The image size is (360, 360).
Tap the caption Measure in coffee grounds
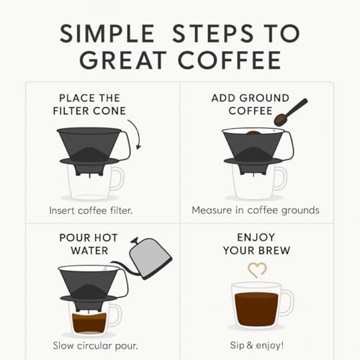click(x=255, y=210)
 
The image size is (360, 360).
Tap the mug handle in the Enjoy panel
click(x=287, y=303)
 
